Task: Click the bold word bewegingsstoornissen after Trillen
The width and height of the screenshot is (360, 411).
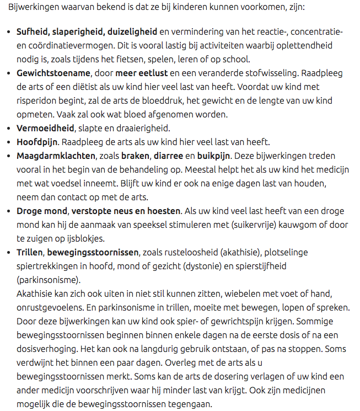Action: point(93,253)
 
